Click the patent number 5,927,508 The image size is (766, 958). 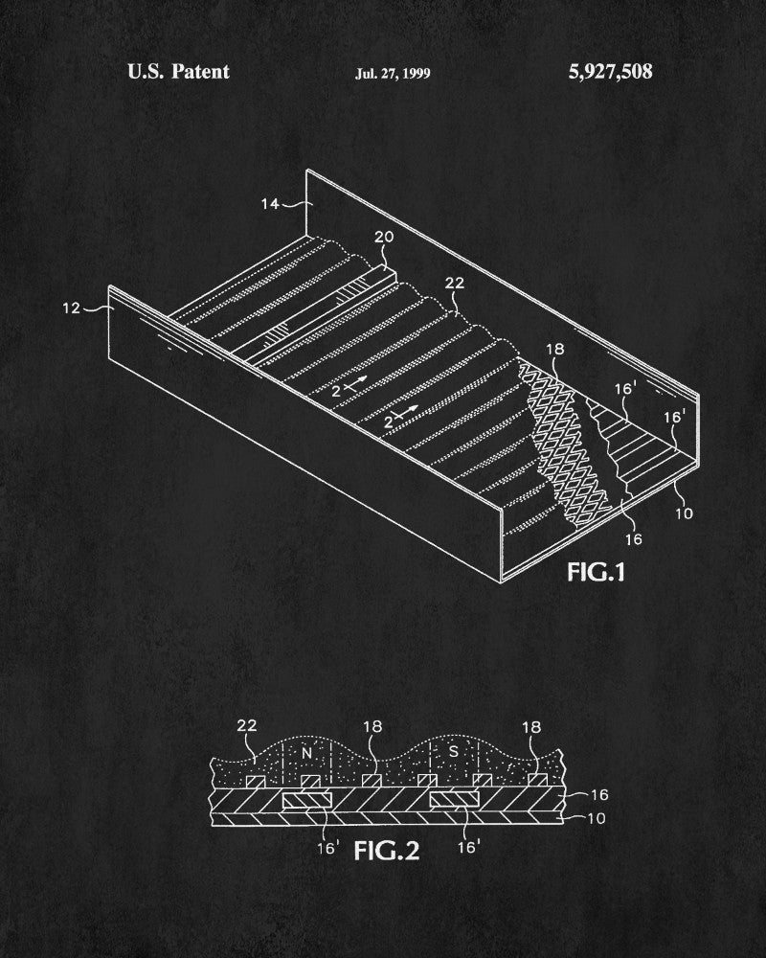click(x=610, y=72)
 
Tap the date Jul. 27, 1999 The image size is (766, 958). click(x=393, y=74)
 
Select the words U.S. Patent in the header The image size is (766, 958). click(x=178, y=72)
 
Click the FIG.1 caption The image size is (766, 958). click(x=597, y=572)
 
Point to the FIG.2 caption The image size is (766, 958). click(x=387, y=851)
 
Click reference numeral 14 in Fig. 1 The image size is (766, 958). click(x=270, y=203)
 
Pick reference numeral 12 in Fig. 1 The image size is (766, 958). click(x=72, y=308)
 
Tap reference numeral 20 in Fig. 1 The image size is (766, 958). click(x=384, y=237)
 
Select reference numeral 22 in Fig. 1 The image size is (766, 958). click(x=455, y=283)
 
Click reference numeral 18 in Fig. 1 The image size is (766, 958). click(x=554, y=349)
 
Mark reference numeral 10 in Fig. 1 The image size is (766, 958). click(x=685, y=513)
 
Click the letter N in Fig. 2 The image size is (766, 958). click(x=306, y=753)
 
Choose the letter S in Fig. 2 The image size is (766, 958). click(x=453, y=752)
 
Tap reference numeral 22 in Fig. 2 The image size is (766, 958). click(x=247, y=726)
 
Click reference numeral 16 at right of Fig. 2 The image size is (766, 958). click(x=599, y=794)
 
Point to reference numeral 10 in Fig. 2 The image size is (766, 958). click(x=597, y=818)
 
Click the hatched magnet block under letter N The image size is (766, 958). click(x=307, y=800)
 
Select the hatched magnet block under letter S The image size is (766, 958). click(x=454, y=800)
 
